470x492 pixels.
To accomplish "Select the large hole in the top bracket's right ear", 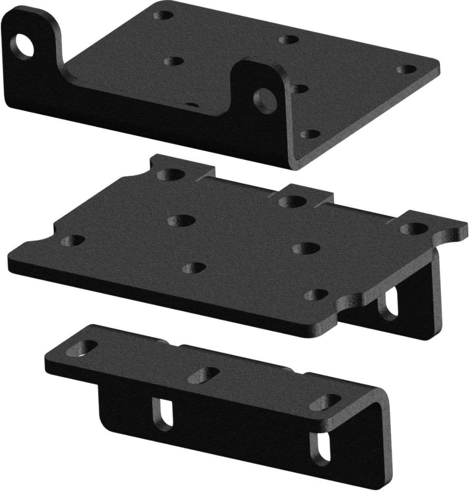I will (x=265, y=97).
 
